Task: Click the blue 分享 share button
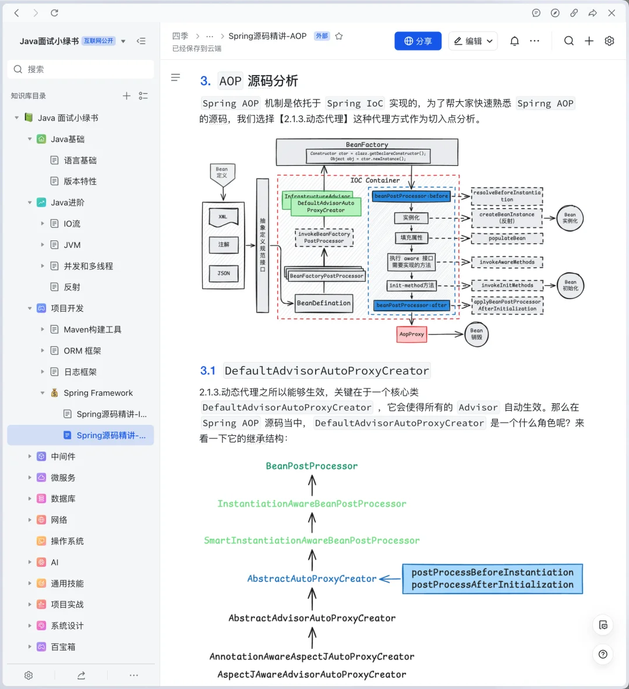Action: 418,41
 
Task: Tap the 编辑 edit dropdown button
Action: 472,41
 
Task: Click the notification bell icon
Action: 514,41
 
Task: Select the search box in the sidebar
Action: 81,69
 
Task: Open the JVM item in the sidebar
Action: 72,245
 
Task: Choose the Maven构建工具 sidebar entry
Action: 92,329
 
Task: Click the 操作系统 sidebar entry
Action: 67,541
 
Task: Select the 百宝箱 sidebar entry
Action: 63,647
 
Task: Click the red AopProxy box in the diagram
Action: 412,334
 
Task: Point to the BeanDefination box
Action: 323,303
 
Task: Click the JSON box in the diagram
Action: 224,273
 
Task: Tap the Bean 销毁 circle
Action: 476,334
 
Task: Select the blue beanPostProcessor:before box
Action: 411,196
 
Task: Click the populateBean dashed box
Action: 507,238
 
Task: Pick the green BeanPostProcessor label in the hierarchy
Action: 312,466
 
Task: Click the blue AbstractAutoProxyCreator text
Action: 312,578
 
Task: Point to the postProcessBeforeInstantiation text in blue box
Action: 492,572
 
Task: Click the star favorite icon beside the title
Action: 339,36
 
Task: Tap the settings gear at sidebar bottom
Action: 29,675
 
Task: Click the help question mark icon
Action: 603,654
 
